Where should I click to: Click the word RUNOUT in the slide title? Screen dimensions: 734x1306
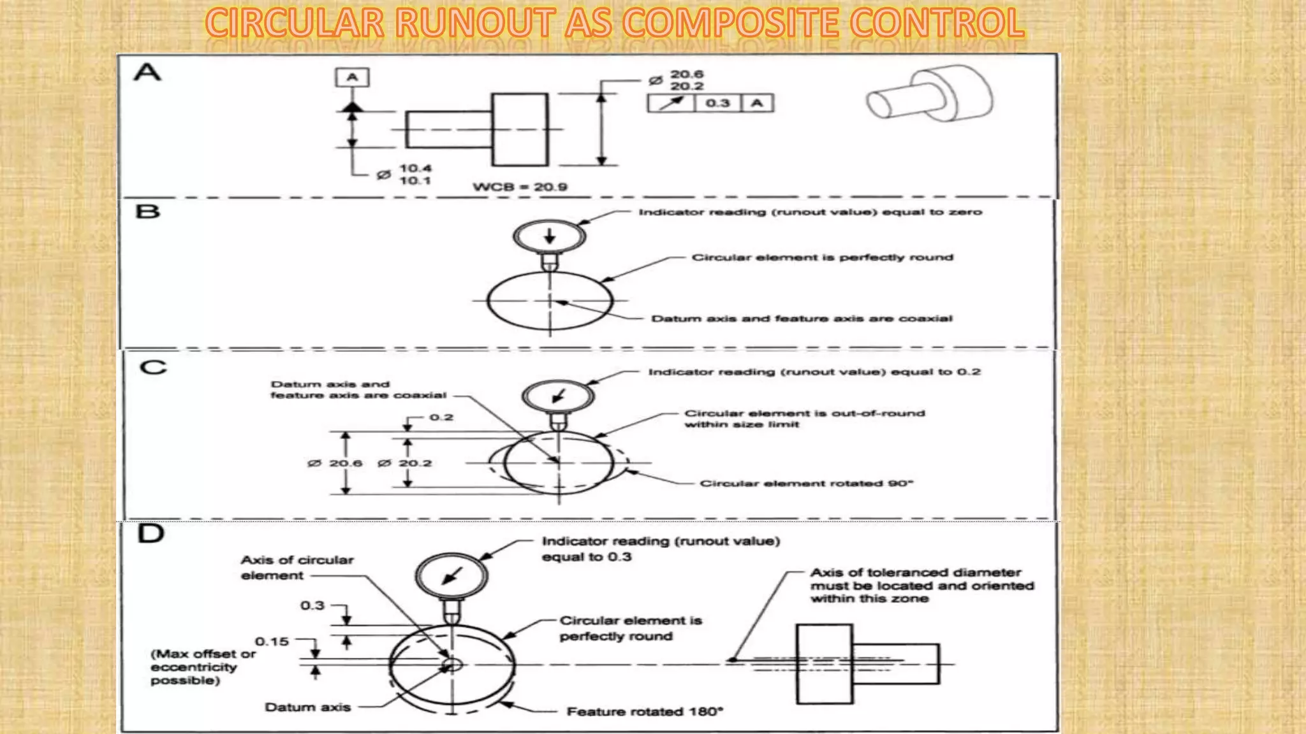[x=474, y=23]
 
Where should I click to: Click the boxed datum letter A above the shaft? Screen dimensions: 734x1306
[x=352, y=78]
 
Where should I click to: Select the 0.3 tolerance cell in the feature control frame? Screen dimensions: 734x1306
[x=717, y=103]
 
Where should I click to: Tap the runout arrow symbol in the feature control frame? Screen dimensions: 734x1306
[x=671, y=103]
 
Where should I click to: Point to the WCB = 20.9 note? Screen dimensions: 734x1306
[x=520, y=187]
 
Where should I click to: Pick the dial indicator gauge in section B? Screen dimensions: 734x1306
[x=550, y=236]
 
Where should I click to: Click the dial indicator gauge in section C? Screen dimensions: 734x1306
[x=558, y=396]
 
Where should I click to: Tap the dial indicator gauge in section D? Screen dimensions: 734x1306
[x=451, y=575]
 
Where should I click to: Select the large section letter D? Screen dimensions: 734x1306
[x=151, y=533]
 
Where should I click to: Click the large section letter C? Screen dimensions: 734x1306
[x=153, y=368]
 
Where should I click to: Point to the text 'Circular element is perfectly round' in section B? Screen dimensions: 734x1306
[x=822, y=257]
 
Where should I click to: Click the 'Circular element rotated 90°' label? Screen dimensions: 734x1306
[x=807, y=484]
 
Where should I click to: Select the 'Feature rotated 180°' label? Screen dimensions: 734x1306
[x=645, y=712]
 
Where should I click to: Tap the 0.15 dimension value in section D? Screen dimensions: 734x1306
[x=272, y=642]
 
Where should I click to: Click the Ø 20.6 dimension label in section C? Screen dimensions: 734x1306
[x=335, y=463]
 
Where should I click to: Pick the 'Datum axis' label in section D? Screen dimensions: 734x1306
[x=307, y=707]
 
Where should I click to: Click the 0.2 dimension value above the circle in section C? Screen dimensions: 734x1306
[x=441, y=417]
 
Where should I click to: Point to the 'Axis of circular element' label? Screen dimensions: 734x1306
[x=297, y=568]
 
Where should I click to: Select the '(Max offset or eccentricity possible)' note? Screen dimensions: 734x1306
[x=203, y=667]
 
